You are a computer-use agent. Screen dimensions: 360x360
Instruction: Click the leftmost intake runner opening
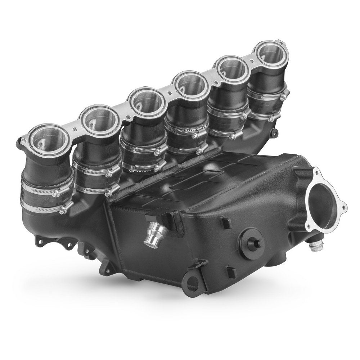click(x=49, y=140)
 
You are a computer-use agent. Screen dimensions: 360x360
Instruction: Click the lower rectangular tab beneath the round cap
click(x=229, y=270)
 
